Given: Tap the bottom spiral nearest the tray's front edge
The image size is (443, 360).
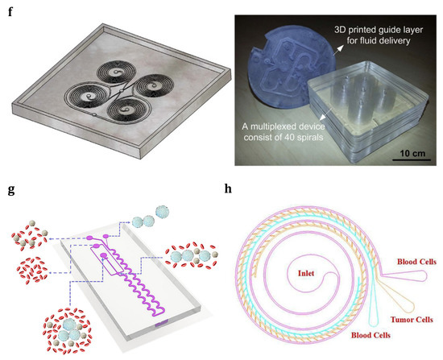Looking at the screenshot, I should click(120, 109).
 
